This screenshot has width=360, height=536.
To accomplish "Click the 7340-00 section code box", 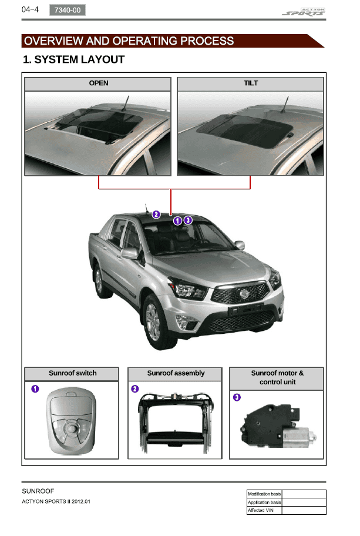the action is click(x=68, y=10).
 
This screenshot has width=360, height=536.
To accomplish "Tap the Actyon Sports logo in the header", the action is click(x=304, y=12).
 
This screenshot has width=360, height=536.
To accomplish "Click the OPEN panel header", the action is click(x=98, y=83).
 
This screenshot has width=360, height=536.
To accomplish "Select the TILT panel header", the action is click(x=250, y=83).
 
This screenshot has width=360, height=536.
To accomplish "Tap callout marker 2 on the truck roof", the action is click(x=156, y=215).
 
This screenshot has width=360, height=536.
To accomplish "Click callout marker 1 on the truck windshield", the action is click(x=177, y=221).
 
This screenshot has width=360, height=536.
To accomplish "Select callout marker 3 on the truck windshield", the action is click(x=188, y=220).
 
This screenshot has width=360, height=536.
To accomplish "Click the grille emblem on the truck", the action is click(x=244, y=294).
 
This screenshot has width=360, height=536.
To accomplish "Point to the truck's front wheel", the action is click(x=156, y=322).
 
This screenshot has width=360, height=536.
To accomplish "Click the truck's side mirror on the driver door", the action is click(x=130, y=253).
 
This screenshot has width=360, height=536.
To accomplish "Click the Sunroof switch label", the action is click(x=72, y=373).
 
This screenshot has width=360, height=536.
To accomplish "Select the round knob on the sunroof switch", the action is click(x=72, y=428).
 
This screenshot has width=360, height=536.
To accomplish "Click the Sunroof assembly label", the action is click(x=176, y=373).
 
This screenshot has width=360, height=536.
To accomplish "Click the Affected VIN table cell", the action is click(x=264, y=510).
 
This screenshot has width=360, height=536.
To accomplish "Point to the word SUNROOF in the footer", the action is click(x=38, y=491).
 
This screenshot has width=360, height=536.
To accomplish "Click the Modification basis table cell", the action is click(x=264, y=494).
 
